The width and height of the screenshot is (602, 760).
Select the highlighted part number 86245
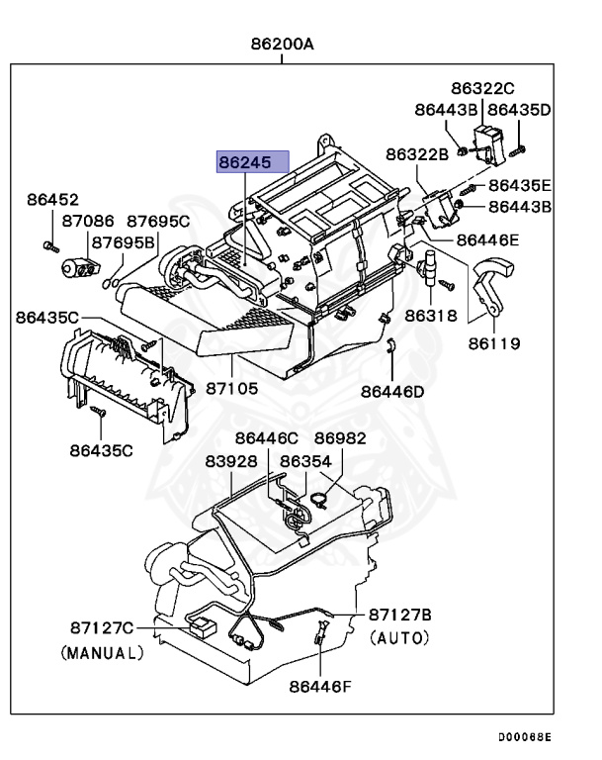tap(253, 162)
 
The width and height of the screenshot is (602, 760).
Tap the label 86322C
tap(484, 88)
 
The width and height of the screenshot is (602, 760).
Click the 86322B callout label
tap(417, 153)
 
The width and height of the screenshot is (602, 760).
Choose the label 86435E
tap(520, 185)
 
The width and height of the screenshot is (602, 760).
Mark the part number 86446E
tap(487, 239)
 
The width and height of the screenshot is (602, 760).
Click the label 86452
tap(52, 200)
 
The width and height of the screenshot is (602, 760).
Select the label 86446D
tap(391, 391)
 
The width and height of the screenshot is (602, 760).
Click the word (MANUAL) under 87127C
tap(102, 653)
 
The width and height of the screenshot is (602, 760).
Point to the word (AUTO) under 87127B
tap(400, 639)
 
